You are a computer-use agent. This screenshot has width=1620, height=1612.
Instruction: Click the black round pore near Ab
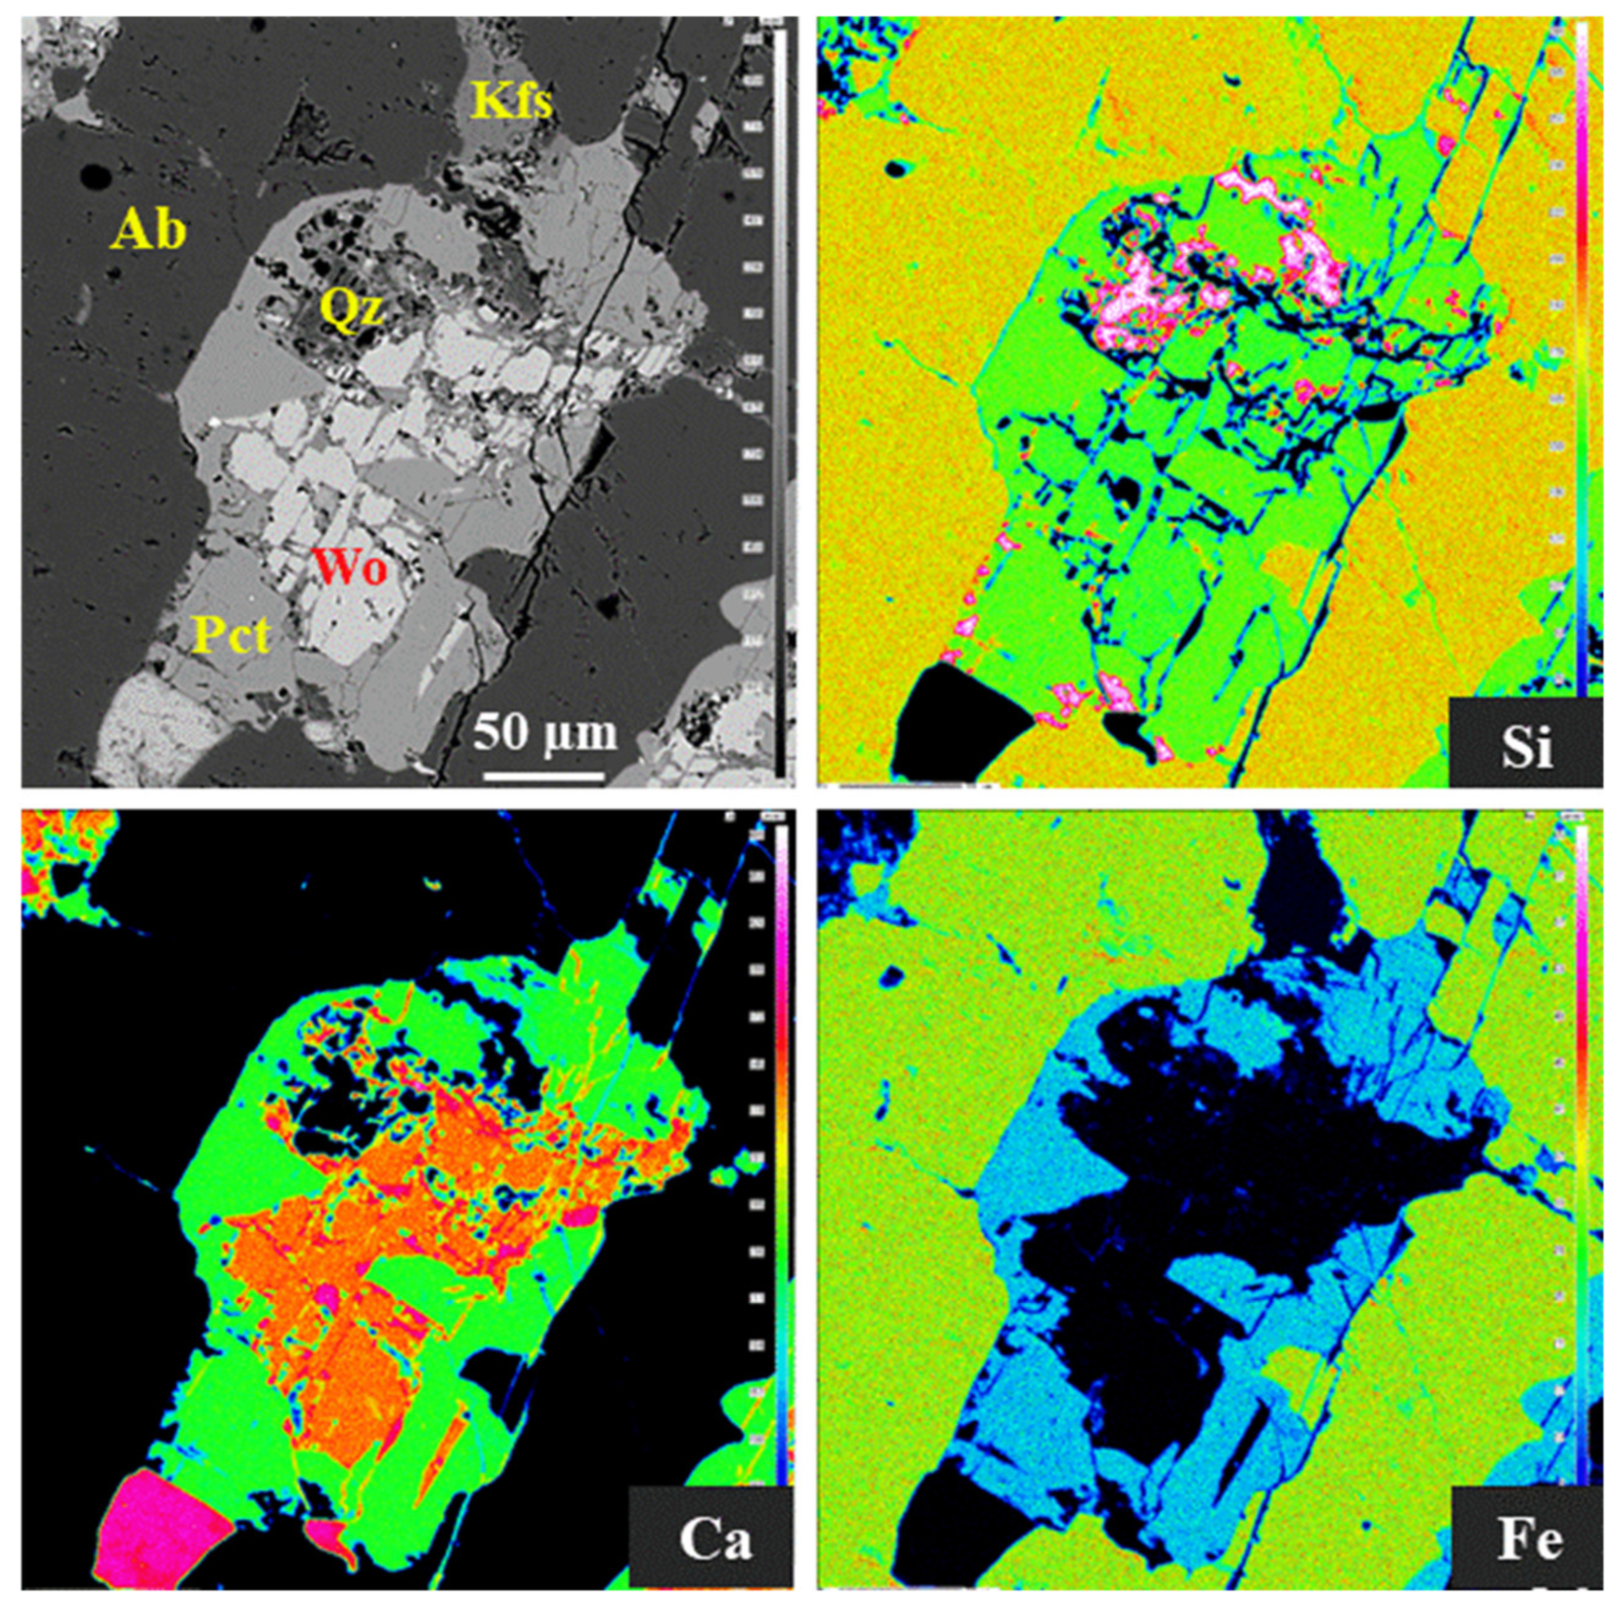point(95,178)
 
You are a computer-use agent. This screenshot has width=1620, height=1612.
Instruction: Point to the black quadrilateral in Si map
point(956,721)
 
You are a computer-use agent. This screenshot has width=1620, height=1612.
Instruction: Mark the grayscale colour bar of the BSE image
point(780,402)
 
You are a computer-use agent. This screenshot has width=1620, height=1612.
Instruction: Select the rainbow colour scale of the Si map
point(1582,360)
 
